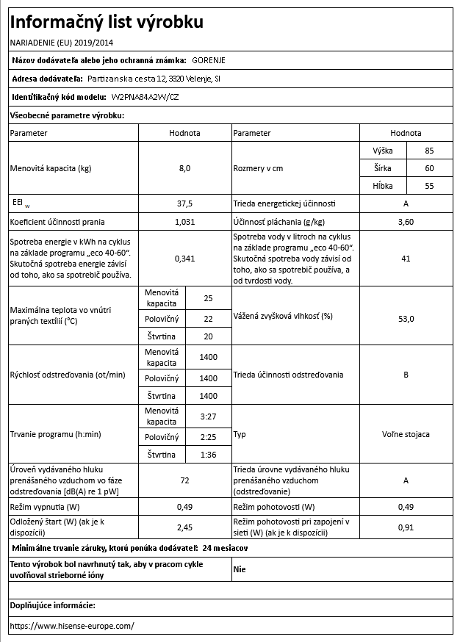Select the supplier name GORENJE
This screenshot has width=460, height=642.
point(209,61)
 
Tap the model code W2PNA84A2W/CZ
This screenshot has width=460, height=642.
point(145,97)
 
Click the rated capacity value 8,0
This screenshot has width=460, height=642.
point(184,168)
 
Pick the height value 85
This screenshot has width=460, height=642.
point(429,151)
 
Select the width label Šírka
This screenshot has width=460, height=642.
point(383,168)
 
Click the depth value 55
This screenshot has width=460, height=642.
point(429,186)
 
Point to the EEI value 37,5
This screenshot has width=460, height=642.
point(184,203)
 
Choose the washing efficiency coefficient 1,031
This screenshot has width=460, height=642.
point(184,221)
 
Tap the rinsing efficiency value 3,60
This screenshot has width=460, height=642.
point(406,221)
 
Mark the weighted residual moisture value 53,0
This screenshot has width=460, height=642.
point(406,317)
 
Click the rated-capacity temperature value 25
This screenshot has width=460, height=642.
point(208,298)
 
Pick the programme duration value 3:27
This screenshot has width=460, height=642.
point(208,418)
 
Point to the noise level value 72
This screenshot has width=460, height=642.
point(184,480)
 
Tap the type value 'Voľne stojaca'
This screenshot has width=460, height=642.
point(406,435)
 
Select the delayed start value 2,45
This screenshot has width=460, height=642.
point(184,527)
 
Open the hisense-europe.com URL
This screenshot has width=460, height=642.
point(73,626)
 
